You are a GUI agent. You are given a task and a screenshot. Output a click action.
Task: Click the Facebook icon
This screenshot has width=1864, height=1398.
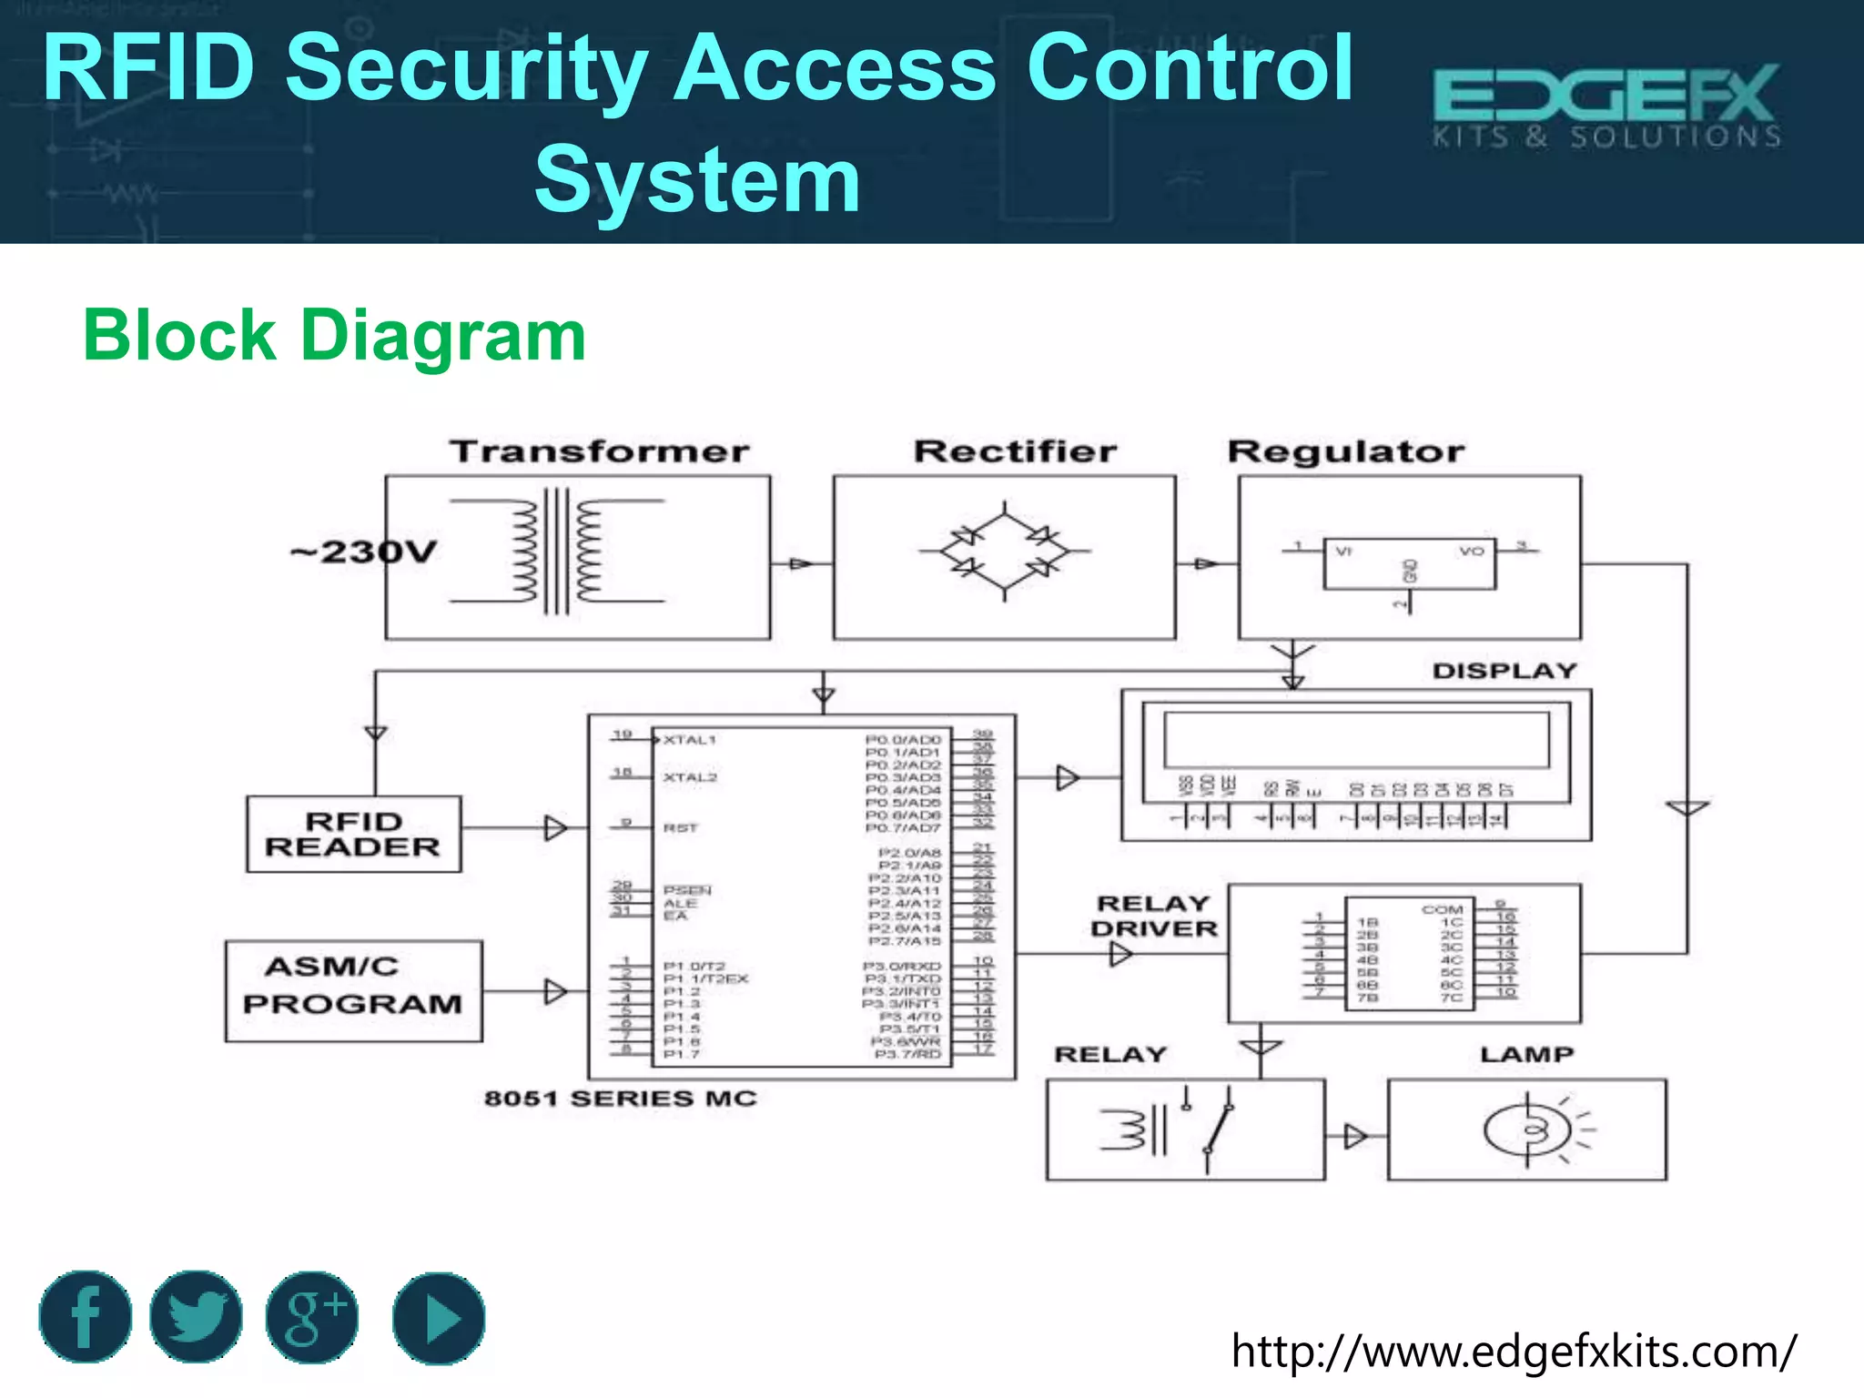click(85, 1317)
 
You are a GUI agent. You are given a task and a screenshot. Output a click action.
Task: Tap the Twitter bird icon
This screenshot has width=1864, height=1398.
click(196, 1317)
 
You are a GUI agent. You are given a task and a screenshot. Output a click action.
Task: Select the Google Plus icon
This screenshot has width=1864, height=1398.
click(312, 1317)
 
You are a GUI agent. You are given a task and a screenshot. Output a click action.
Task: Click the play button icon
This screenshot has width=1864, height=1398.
click(440, 1318)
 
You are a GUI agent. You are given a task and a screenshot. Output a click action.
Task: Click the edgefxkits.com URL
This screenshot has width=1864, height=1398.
click(1514, 1351)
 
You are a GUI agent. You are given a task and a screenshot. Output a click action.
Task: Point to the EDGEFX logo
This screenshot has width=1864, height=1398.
click(1606, 105)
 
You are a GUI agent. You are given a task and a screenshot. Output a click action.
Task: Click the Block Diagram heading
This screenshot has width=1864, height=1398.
click(334, 336)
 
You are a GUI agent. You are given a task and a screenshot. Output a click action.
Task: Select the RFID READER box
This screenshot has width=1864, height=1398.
click(353, 834)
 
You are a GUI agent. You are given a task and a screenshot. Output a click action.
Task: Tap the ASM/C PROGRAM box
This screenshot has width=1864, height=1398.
click(353, 990)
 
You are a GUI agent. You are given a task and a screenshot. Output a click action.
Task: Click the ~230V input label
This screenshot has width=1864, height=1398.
click(364, 552)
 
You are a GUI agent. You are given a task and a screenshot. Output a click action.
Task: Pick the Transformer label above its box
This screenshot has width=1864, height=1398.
click(600, 451)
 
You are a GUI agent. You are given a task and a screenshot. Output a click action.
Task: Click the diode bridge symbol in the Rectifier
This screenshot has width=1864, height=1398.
click(1005, 551)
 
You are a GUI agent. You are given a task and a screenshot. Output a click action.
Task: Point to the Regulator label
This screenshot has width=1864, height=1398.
click(1346, 451)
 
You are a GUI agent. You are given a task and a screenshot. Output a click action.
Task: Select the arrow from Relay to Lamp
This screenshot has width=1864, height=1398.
click(1355, 1136)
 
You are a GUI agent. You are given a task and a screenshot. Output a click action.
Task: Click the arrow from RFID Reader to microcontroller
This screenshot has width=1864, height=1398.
click(555, 828)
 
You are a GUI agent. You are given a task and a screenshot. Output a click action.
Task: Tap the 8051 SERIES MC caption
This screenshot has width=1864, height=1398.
click(621, 1099)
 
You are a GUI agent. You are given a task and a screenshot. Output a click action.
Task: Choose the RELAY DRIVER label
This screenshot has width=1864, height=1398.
click(1154, 916)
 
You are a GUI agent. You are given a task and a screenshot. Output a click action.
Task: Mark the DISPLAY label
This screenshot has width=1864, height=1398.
click(1504, 671)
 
